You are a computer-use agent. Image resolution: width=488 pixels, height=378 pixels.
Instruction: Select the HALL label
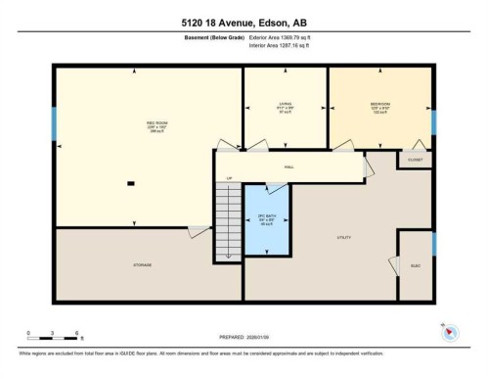tap(289, 167)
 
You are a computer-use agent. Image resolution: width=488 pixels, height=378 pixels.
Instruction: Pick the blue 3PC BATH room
tap(266, 219)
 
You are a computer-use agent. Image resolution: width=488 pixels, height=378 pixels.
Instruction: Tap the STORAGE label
tap(143, 265)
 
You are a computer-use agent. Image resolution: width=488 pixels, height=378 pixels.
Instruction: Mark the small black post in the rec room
tap(131, 184)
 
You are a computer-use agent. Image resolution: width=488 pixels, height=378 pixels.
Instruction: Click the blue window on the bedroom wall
tap(432, 121)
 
